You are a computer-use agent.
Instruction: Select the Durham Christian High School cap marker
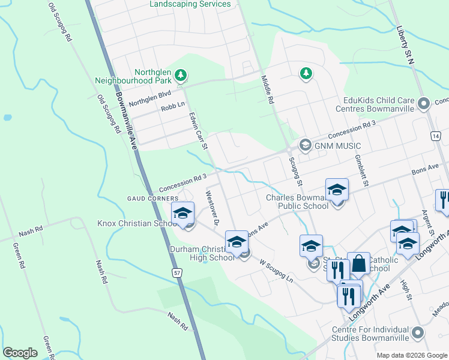(237, 242)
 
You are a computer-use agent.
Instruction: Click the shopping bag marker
(358, 263)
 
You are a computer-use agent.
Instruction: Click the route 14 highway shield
(434, 137)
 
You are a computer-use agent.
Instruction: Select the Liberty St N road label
(406, 44)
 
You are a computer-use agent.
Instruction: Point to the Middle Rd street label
(267, 90)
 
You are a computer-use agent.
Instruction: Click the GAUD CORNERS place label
(152, 198)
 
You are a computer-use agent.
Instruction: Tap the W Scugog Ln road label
(276, 271)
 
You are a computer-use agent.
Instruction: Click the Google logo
(20, 353)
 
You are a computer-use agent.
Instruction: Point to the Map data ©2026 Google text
(412, 355)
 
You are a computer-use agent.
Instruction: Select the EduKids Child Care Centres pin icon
(424, 104)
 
